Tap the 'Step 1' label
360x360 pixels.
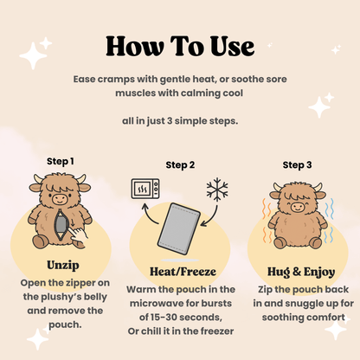coord(60,161)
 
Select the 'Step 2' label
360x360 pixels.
coord(180,165)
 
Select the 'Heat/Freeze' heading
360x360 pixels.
coord(179,273)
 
